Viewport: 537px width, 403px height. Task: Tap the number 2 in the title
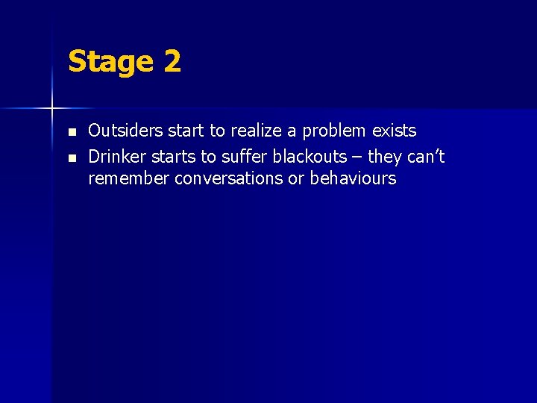(x=172, y=61)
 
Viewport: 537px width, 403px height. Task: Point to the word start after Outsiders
(x=185, y=131)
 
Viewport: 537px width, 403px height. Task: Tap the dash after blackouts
(x=359, y=157)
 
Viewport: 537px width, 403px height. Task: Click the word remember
(x=128, y=178)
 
